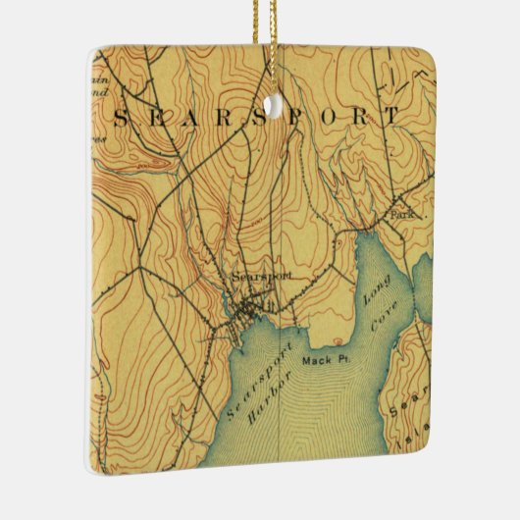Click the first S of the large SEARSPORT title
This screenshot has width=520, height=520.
(x=122, y=119)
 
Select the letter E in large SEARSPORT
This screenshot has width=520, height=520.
(x=157, y=119)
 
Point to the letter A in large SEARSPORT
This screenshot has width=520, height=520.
(x=192, y=119)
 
